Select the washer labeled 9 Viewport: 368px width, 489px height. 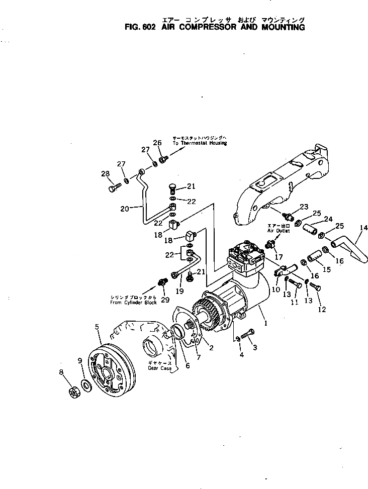click(86, 385)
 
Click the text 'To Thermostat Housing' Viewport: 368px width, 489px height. click(200, 143)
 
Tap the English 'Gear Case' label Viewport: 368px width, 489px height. click(160, 368)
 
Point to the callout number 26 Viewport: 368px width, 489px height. click(157, 143)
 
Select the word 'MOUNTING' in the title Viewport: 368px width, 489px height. click(283, 27)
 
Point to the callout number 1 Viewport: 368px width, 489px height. click(265, 324)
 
